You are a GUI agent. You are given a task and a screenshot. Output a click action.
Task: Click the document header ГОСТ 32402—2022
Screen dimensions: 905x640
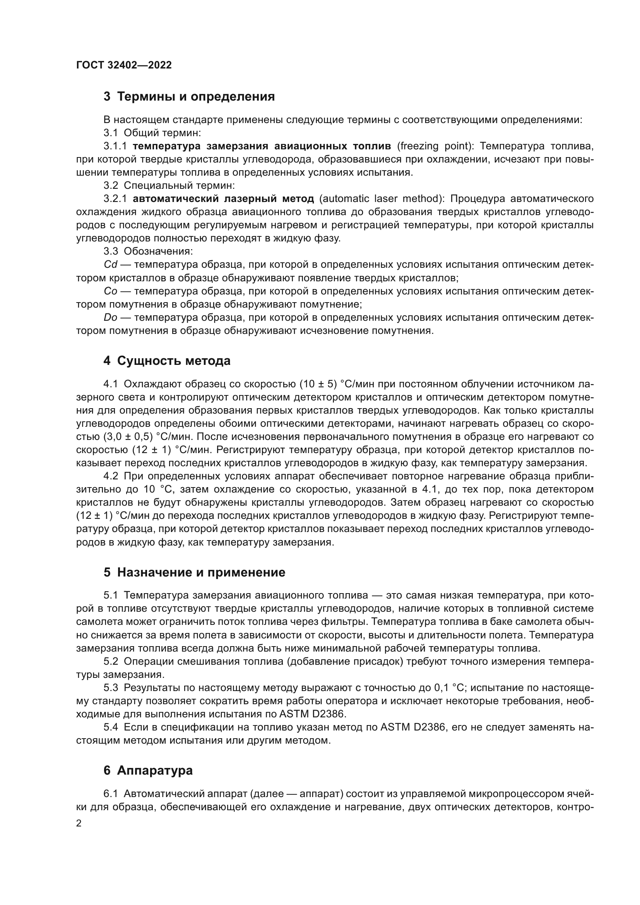coord(124,65)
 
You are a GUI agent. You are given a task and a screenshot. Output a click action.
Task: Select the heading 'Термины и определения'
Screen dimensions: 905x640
coord(189,97)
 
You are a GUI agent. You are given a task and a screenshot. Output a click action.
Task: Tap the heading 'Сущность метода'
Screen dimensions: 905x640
coord(167,361)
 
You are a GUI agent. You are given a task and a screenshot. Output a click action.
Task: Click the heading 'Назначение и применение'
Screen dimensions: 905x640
coord(194,572)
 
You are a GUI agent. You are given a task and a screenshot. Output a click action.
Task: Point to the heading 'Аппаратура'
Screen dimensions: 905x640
coord(148,770)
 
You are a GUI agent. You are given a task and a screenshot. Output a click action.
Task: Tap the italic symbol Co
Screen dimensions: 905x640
coord(110,291)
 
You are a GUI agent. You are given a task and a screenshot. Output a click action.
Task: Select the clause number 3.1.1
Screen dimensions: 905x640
coord(115,146)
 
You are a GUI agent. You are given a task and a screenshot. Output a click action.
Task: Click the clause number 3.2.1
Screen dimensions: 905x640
coord(115,198)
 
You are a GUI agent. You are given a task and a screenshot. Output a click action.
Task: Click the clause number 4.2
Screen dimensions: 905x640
coord(110,476)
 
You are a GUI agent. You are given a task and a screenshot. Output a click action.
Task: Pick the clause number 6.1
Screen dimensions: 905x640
coord(110,794)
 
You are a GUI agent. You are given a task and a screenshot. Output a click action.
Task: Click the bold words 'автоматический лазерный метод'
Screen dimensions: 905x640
coord(223,198)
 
